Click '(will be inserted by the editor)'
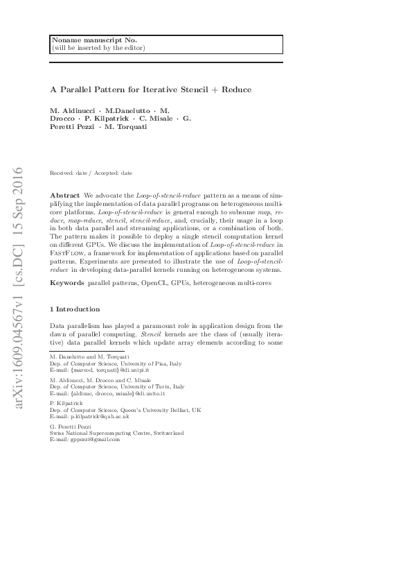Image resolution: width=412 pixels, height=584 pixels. tap(98, 48)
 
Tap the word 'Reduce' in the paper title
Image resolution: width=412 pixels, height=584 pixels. tap(235, 89)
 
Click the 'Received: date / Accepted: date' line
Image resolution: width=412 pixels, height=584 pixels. tap(91, 172)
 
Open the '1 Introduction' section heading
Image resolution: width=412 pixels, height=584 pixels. tap(79, 309)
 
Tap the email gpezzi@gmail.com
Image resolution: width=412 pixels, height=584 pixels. tap(90, 439)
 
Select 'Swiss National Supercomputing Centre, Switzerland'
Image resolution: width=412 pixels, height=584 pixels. tap(116, 433)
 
